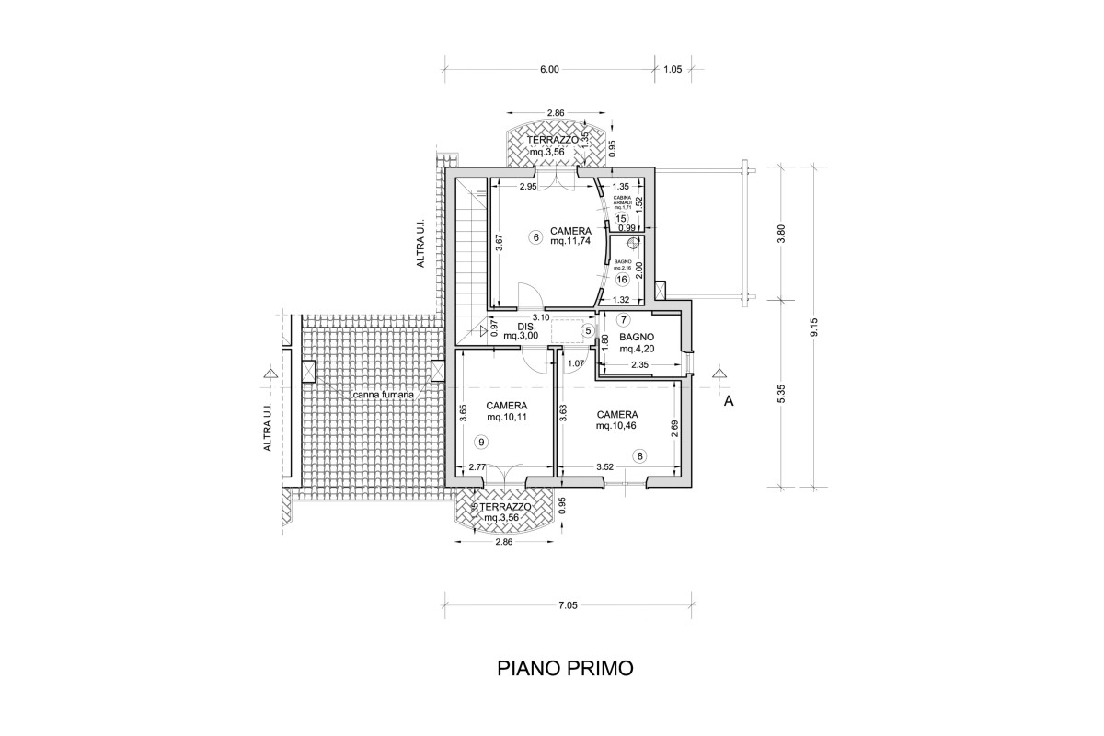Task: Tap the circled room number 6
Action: pyautogui.click(x=536, y=236)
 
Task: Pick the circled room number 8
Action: pyautogui.click(x=639, y=454)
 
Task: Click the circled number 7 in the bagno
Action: pyautogui.click(x=624, y=320)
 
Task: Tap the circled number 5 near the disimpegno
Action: pyautogui.click(x=588, y=330)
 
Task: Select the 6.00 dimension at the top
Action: pyautogui.click(x=549, y=69)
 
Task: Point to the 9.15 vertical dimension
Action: pyautogui.click(x=814, y=328)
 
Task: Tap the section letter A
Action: pyautogui.click(x=729, y=401)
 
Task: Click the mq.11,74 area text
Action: pyautogui.click(x=569, y=242)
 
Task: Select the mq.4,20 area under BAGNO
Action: pyautogui.click(x=637, y=349)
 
